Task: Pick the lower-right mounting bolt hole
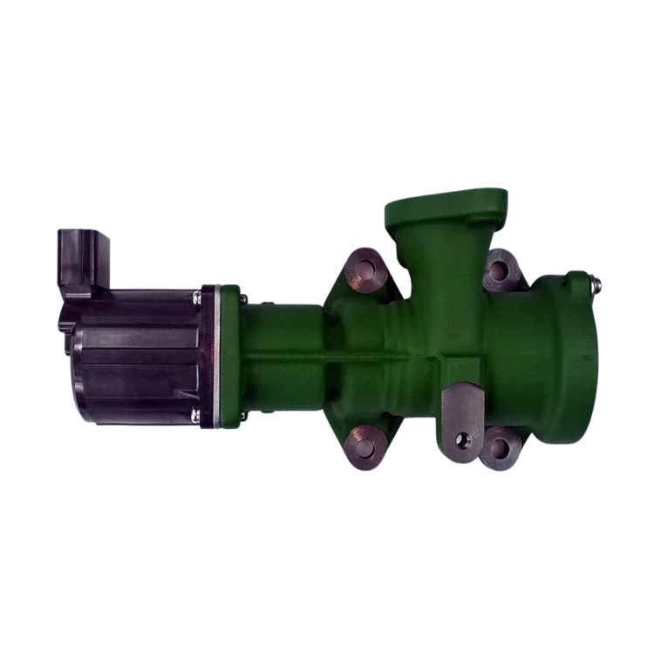coord(501,447)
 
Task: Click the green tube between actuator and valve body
coord(283,358)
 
